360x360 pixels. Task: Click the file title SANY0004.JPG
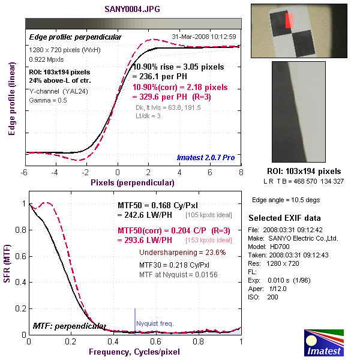point(133,10)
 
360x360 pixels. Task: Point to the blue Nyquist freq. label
point(155,323)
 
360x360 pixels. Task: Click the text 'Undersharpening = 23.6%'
point(182,252)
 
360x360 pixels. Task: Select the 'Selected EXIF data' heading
point(284,217)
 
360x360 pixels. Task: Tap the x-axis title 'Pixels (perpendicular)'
point(133,181)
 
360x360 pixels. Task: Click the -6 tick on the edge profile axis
point(25,172)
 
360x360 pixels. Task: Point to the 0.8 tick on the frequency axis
point(199,341)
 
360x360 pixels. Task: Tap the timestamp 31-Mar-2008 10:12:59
point(203,37)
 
